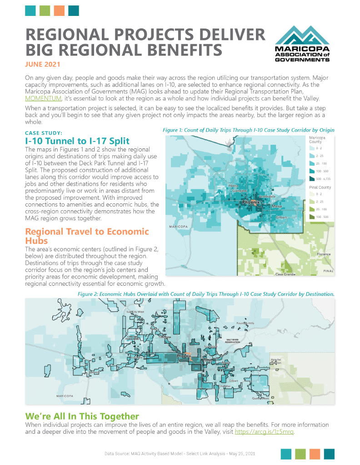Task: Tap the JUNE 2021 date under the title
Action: pyautogui.click(x=43, y=65)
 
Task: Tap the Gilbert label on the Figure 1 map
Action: pyautogui.click(x=282, y=217)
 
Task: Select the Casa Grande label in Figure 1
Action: pyautogui.click(x=285, y=274)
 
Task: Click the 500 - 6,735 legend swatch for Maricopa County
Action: pyautogui.click(x=312, y=179)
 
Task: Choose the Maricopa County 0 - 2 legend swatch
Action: pyautogui.click(x=312, y=148)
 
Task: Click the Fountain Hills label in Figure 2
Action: pyautogui.click(x=245, y=323)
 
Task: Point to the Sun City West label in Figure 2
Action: pyautogui.click(x=135, y=312)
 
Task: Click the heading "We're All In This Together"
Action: pyautogui.click(x=82, y=416)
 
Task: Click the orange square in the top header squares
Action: pyautogui.click(x=59, y=10)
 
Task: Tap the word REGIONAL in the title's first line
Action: pyautogui.click(x=71, y=35)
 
